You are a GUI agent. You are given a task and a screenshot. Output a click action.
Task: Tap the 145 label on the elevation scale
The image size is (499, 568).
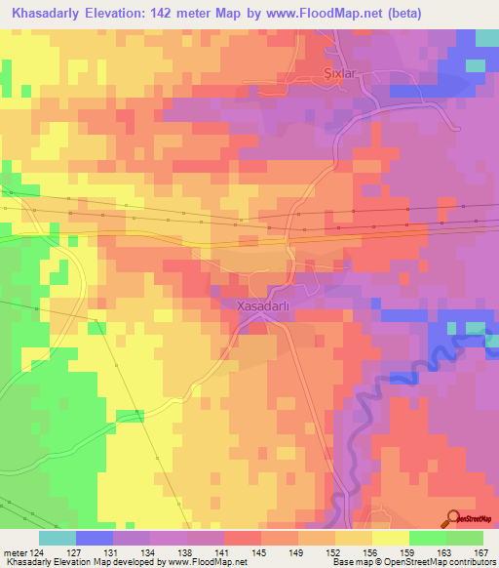[258, 551]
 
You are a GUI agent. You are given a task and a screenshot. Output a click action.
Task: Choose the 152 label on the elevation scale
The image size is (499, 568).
[332, 551]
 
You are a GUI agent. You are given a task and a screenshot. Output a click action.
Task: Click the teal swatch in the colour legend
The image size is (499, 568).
[57, 538]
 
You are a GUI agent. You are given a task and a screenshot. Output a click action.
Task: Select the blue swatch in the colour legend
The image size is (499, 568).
[94, 538]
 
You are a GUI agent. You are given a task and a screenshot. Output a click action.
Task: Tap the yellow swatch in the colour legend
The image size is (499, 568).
[390, 538]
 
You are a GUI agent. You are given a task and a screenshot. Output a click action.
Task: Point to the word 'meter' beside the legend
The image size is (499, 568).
[14, 551]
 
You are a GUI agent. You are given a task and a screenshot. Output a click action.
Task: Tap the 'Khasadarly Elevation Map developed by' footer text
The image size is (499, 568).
[61, 562]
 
